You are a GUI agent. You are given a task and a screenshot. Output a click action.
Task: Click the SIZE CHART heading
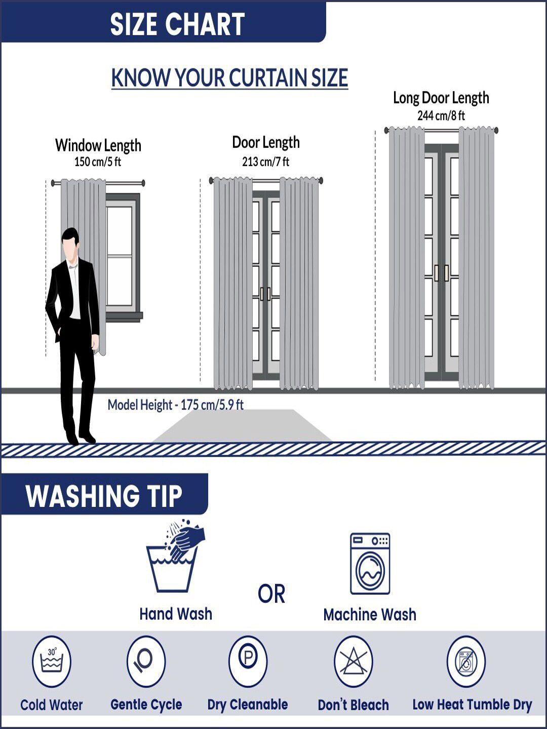click(177, 24)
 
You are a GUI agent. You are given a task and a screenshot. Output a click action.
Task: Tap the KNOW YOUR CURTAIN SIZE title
click(229, 78)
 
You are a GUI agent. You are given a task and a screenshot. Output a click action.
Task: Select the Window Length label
click(98, 145)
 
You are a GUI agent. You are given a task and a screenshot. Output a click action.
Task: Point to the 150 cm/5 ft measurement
click(98, 161)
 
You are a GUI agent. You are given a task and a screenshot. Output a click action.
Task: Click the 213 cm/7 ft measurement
click(266, 161)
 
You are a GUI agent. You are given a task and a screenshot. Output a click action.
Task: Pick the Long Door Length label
click(441, 98)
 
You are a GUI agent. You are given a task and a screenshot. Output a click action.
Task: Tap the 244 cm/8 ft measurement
click(441, 115)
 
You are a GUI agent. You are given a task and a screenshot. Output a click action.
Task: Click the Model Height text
click(176, 405)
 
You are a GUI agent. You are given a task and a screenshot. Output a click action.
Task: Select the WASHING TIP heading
click(104, 496)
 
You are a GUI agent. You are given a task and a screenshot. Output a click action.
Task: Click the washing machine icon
click(370, 564)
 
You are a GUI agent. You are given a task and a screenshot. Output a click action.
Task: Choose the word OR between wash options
click(271, 594)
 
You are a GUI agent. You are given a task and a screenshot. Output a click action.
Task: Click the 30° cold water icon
click(52, 661)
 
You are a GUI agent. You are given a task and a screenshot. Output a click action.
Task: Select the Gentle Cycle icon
click(146, 661)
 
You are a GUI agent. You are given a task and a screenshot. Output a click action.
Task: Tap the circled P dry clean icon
click(248, 661)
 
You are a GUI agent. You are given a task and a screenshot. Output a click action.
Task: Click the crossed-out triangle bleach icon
click(353, 661)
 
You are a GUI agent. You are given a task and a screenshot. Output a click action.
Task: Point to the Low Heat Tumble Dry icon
click(466, 661)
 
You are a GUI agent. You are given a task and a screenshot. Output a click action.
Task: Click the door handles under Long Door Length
click(441, 273)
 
